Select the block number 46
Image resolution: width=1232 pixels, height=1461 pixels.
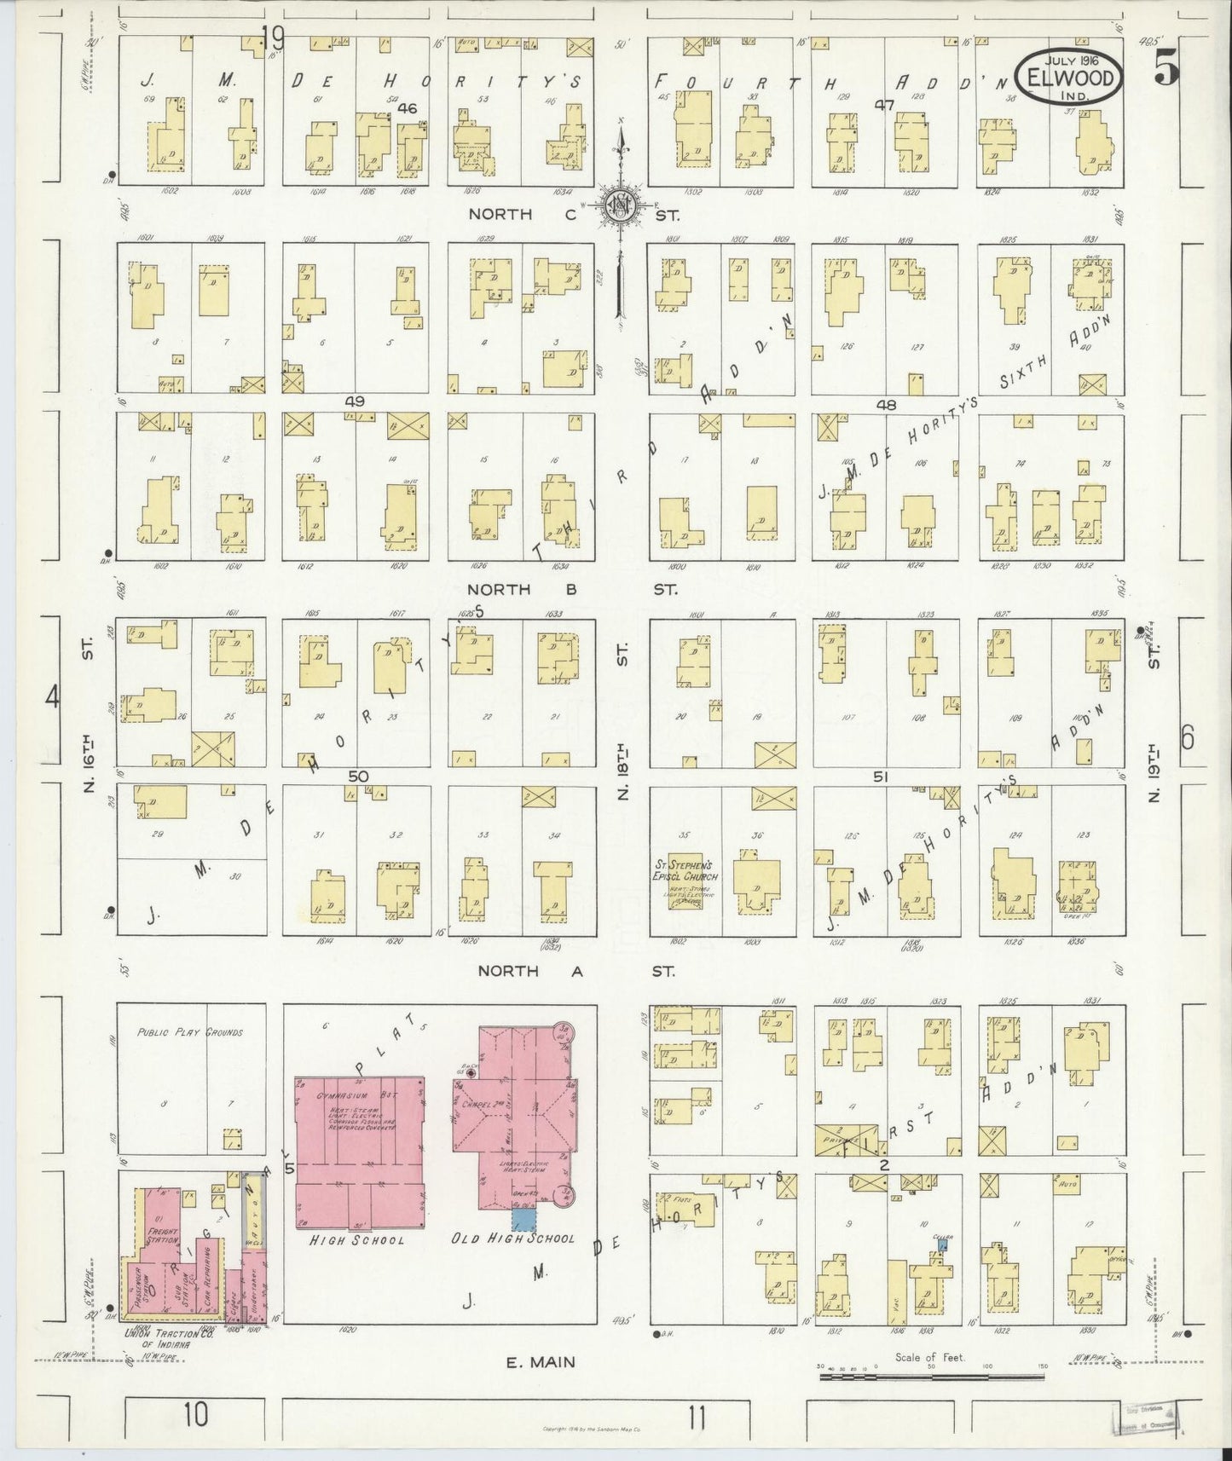[x=408, y=108]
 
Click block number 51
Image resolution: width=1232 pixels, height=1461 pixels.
[x=881, y=777]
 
